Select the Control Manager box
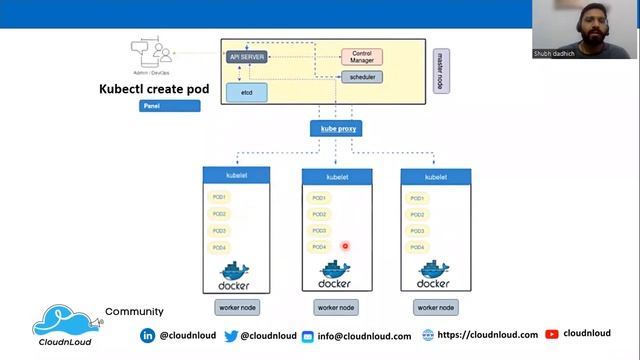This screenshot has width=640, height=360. coord(362,57)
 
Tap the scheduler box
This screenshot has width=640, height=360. coord(361,77)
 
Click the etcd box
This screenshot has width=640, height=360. coord(246,92)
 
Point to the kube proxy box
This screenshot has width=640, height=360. coord(336,128)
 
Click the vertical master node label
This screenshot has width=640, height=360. coord(440,70)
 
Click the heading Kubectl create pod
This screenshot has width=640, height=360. coord(154,89)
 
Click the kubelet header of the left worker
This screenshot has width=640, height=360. coord(237,176)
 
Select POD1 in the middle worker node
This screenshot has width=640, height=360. coord(319,198)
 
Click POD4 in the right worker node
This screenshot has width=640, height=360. coord(417,246)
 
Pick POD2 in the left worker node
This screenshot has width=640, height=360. coord(220,214)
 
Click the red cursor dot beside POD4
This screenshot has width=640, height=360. coord(345,246)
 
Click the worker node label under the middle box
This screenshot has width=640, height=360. coord(336,308)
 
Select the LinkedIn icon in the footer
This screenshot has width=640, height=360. coord(148,336)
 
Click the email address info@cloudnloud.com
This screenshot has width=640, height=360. coord(365,336)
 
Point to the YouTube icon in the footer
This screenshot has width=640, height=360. coord(552,335)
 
